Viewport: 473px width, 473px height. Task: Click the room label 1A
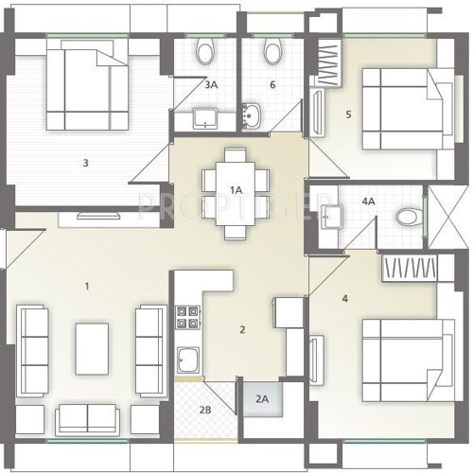(x=236, y=190)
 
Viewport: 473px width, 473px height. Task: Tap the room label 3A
(x=212, y=85)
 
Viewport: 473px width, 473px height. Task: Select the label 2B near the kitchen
(x=204, y=410)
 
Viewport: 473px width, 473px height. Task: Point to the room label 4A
(x=368, y=201)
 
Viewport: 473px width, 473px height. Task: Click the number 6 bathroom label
(x=272, y=85)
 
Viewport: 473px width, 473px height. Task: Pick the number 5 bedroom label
(x=348, y=114)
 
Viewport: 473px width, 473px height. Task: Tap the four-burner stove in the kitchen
(x=186, y=317)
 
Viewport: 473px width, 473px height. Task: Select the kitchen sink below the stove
(x=186, y=359)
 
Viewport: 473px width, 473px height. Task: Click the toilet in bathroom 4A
(x=409, y=218)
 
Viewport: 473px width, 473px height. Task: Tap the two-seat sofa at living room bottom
(x=87, y=417)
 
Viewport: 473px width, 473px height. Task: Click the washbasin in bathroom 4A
(x=333, y=214)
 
